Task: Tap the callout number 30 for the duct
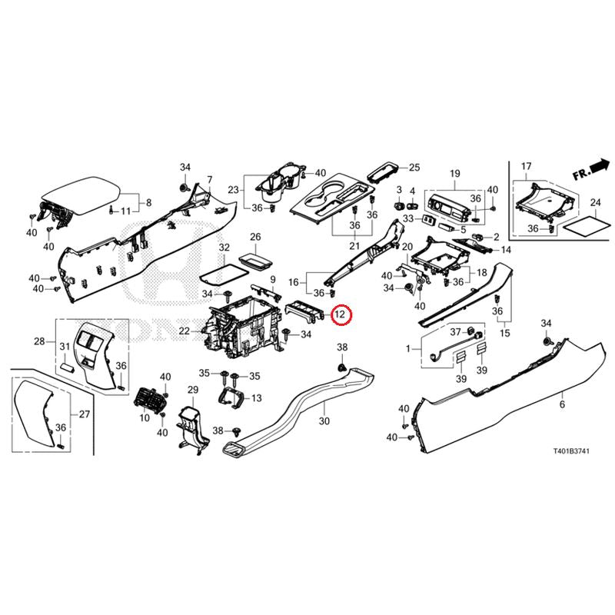coord(324,422)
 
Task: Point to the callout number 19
coord(454,173)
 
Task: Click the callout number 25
coord(414,167)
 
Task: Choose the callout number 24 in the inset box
coord(595,202)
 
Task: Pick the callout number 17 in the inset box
coord(527,167)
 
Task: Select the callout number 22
coord(184,331)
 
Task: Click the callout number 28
coord(39,341)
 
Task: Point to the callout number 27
coord(85,415)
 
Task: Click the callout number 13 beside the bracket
coord(256,398)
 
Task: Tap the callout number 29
coord(193,391)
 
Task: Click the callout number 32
coord(224,248)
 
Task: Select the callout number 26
coord(256,237)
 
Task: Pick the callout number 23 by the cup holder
coord(234,190)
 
